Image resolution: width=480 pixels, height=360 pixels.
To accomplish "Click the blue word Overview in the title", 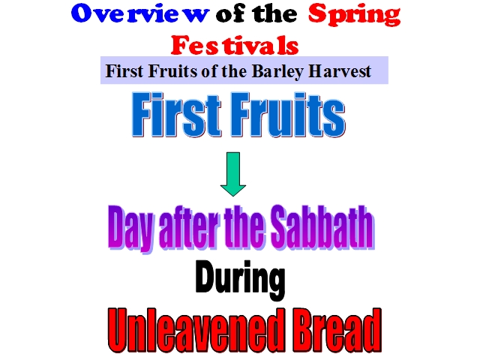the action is pos(140,13).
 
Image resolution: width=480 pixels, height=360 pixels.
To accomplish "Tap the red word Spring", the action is pos(354,15).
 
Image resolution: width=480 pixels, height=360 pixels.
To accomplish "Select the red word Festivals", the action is pos(235,45).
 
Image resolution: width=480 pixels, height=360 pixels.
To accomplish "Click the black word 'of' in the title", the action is pos(231,13).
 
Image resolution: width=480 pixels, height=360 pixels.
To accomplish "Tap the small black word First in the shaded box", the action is pos(124,71).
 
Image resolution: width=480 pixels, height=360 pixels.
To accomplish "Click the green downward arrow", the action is pos(233,174).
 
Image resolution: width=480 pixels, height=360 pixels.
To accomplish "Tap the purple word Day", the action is pos(130,229).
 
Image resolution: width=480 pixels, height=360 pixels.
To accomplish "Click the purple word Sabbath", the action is pos(322,226).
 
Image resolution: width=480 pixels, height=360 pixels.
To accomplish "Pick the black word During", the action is pos(240,279).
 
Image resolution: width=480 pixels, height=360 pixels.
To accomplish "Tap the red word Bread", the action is pos(336,330).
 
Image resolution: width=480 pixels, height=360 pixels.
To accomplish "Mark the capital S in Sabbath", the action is pos(282,227).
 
